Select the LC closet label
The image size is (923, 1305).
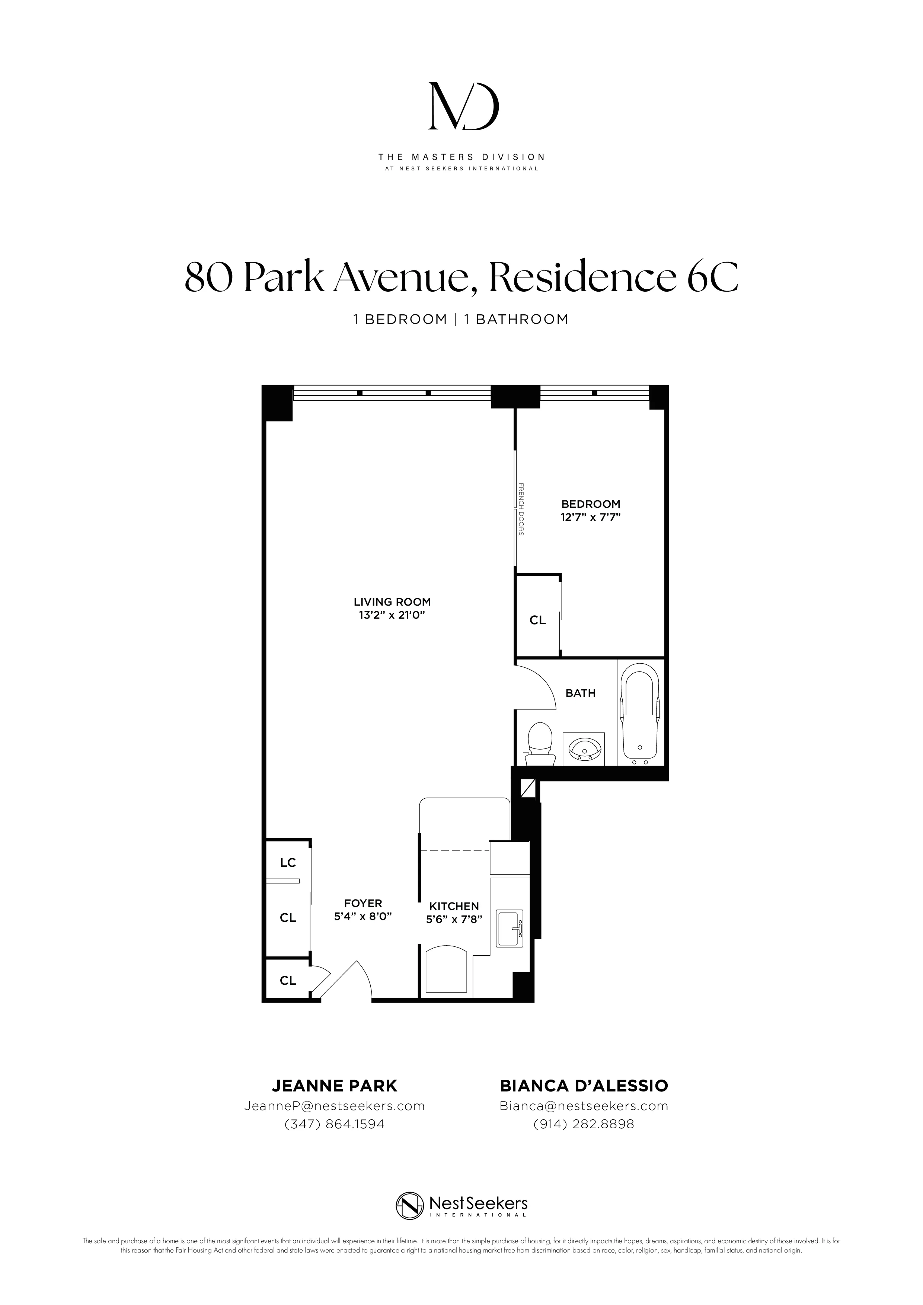pyautogui.click(x=288, y=863)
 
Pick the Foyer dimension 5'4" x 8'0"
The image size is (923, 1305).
pyautogui.click(x=363, y=916)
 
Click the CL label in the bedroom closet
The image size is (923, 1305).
pyautogui.click(x=537, y=621)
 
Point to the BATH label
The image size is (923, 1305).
pyautogui.click(x=580, y=693)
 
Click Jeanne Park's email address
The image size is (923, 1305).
pyautogui.click(x=334, y=1106)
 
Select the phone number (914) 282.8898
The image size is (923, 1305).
pyautogui.click(x=584, y=1124)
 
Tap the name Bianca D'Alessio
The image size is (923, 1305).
pyautogui.click(x=584, y=1086)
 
